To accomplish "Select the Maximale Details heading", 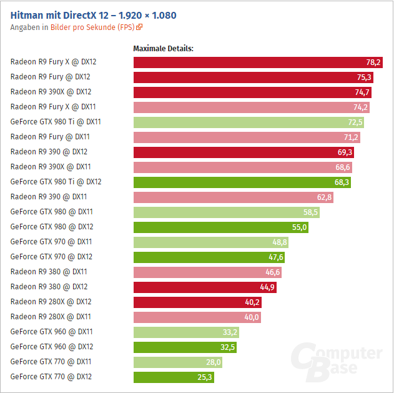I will [x=164, y=48].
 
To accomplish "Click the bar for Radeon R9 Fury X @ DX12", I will [x=250, y=62].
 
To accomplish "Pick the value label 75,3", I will [x=364, y=77].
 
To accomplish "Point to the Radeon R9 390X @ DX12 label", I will [x=51, y=92].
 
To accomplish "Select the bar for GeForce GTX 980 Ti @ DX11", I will [x=244, y=122].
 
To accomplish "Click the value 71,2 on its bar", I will [x=351, y=137].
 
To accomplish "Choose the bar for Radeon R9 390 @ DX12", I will [x=237, y=152].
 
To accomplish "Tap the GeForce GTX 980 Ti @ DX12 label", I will [x=56, y=182].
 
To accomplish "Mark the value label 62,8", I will [x=325, y=197].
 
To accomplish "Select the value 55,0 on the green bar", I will [x=300, y=227].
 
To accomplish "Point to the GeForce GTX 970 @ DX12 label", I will [x=51, y=257].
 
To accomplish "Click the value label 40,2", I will [x=253, y=302].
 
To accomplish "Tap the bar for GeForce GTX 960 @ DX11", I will [x=181, y=332].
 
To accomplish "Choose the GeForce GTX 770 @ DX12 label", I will [x=51, y=377].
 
